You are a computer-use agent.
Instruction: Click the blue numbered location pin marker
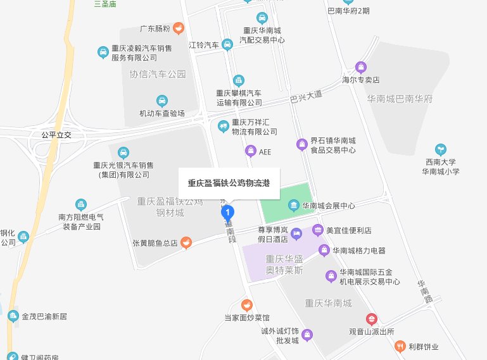pos(229,213)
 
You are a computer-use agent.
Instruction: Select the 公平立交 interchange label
pos(57,135)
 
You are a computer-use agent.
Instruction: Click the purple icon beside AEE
pos(251,151)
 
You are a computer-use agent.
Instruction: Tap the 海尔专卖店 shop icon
pos(361,67)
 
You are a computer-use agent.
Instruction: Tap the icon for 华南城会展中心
pos(293,205)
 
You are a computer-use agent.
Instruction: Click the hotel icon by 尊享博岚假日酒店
pos(297,233)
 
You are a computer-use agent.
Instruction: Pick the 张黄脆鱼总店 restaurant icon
pos(185,242)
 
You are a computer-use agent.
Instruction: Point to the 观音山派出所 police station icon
pos(372,319)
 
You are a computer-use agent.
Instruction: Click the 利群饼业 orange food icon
pos(400,346)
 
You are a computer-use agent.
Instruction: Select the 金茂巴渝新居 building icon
pos(13,316)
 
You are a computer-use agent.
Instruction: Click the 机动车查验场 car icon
pos(162,101)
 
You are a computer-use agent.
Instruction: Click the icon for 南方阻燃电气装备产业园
pos(80,205)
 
